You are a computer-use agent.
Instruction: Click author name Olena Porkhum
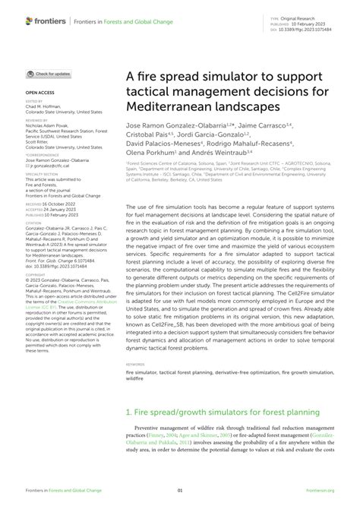(x=148, y=152)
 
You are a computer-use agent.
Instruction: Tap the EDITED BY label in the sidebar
(x=34, y=100)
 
